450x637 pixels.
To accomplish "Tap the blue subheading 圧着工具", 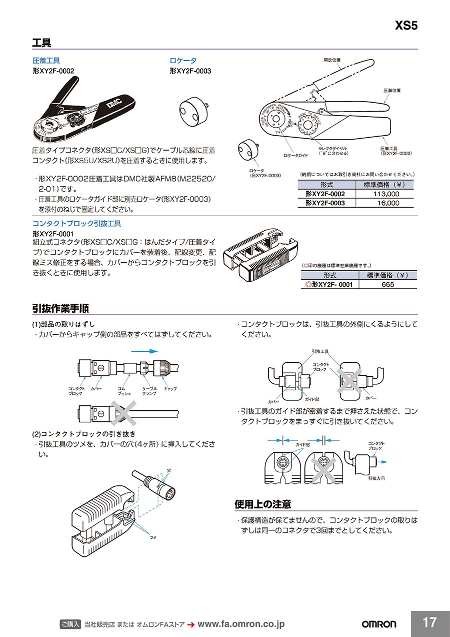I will [x=46, y=61].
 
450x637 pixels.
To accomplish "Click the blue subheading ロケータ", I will [x=183, y=61].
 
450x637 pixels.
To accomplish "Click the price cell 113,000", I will [x=386, y=194].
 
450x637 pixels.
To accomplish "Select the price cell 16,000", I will [x=386, y=203].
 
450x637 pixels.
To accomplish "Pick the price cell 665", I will [x=387, y=284].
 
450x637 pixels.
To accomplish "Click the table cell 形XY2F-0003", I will [x=325, y=203].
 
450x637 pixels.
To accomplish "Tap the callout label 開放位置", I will [x=331, y=60].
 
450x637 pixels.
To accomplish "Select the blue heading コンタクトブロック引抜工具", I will [x=76, y=224].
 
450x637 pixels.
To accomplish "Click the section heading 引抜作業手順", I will [x=60, y=308].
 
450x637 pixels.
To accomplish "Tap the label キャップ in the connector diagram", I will [x=170, y=388].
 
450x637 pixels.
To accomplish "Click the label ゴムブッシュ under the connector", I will [x=124, y=391].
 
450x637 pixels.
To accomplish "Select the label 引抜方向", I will [x=376, y=478].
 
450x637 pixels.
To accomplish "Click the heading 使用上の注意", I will [x=262, y=504].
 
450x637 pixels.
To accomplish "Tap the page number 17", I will [x=429, y=622].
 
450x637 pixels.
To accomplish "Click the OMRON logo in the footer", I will [x=378, y=624].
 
